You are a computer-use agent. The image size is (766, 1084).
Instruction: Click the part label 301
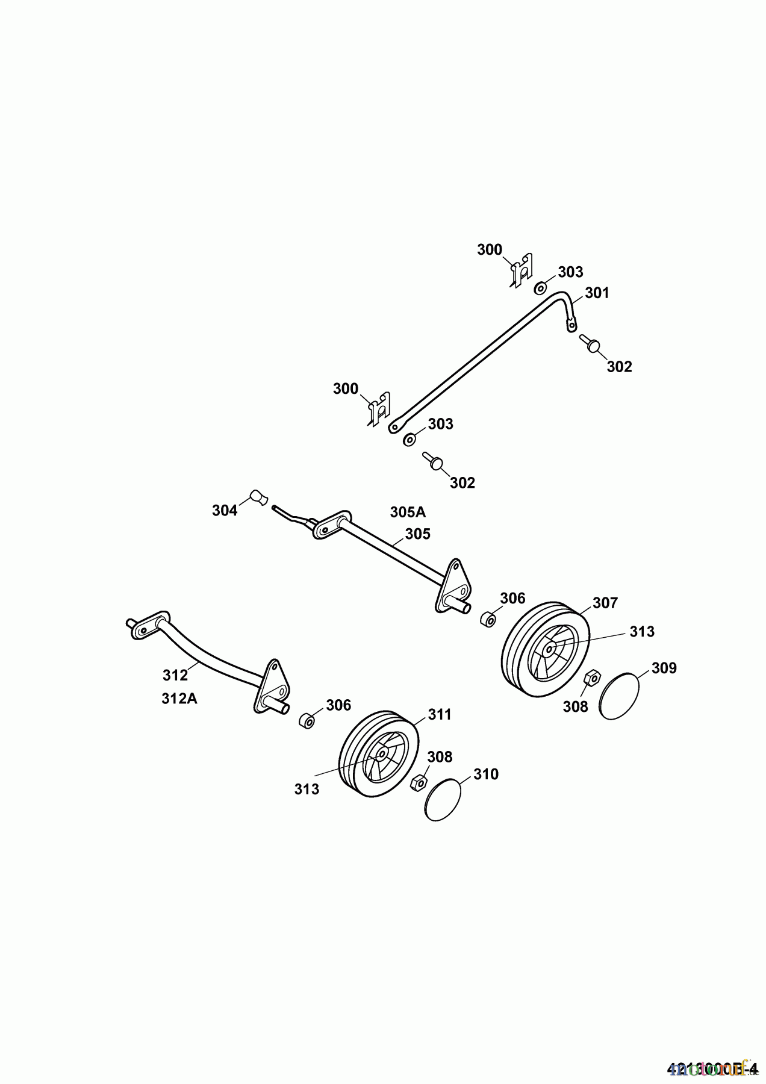pos(597,293)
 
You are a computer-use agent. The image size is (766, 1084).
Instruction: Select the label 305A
pos(408,512)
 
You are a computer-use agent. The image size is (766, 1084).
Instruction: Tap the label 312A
pos(179,699)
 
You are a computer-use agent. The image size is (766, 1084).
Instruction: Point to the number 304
pos(225,511)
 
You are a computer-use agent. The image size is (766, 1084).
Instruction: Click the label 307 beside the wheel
pos(605,603)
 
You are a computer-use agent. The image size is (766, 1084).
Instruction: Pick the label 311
pos(440,714)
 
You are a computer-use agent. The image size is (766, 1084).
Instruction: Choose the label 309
pos(664,668)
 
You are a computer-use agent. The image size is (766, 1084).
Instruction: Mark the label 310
pos(486,774)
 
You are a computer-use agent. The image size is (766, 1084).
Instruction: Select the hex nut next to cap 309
pos(591,678)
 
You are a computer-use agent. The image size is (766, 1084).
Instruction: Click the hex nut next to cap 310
pos(417,783)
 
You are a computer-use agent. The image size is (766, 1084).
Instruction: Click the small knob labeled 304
pos(259,498)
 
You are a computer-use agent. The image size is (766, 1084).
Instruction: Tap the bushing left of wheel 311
pos(307,720)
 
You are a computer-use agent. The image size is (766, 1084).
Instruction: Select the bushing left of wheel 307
pos(488,618)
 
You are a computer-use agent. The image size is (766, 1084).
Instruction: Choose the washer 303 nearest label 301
pos(541,287)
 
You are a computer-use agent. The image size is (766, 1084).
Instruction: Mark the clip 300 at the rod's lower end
pos(379,410)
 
